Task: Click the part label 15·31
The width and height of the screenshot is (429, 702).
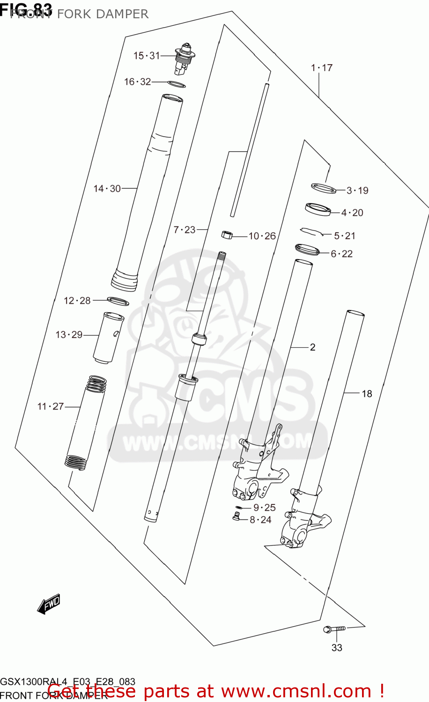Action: pos(147,56)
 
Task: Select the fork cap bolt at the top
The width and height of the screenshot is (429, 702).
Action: pos(185,58)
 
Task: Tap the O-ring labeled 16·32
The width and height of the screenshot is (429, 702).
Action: pos(177,84)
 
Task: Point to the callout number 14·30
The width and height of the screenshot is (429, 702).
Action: pos(107,189)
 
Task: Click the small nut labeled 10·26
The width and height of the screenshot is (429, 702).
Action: pos(227,234)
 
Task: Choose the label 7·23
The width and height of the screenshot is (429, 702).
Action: pos(184,230)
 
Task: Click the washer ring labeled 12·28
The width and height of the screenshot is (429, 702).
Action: pos(118,301)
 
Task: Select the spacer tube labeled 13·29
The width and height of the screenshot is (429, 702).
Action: pos(109,337)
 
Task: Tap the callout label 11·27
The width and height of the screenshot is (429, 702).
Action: pos(50,407)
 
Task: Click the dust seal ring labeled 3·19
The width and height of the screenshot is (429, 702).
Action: pos(324,188)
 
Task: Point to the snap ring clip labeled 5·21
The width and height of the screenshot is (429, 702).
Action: pos(311,231)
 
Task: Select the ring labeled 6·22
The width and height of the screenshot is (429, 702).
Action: pos(307,249)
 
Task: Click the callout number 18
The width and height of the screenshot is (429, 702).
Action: pos(367,394)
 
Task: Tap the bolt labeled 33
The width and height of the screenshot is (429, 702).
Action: pos(334,629)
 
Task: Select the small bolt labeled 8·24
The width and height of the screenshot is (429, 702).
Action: pos(236,517)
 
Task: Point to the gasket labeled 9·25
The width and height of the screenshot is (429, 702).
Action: pos(239,507)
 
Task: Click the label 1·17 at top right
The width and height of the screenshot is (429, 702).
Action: pos(321,68)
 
